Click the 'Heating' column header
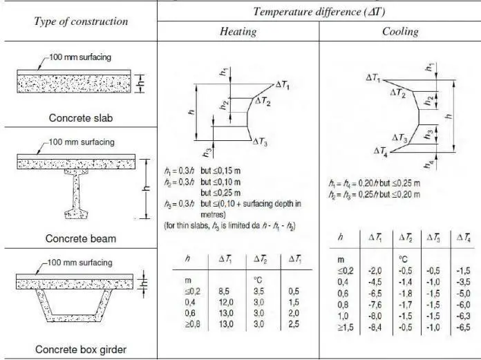[238, 32]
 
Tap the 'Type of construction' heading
[81, 21]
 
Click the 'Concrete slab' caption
[81, 117]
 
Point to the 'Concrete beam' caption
[81, 238]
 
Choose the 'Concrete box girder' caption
[81, 348]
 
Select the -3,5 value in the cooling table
[462, 281]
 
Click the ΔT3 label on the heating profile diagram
[260, 141]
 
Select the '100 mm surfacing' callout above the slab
[84, 56]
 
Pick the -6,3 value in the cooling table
[462, 314]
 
